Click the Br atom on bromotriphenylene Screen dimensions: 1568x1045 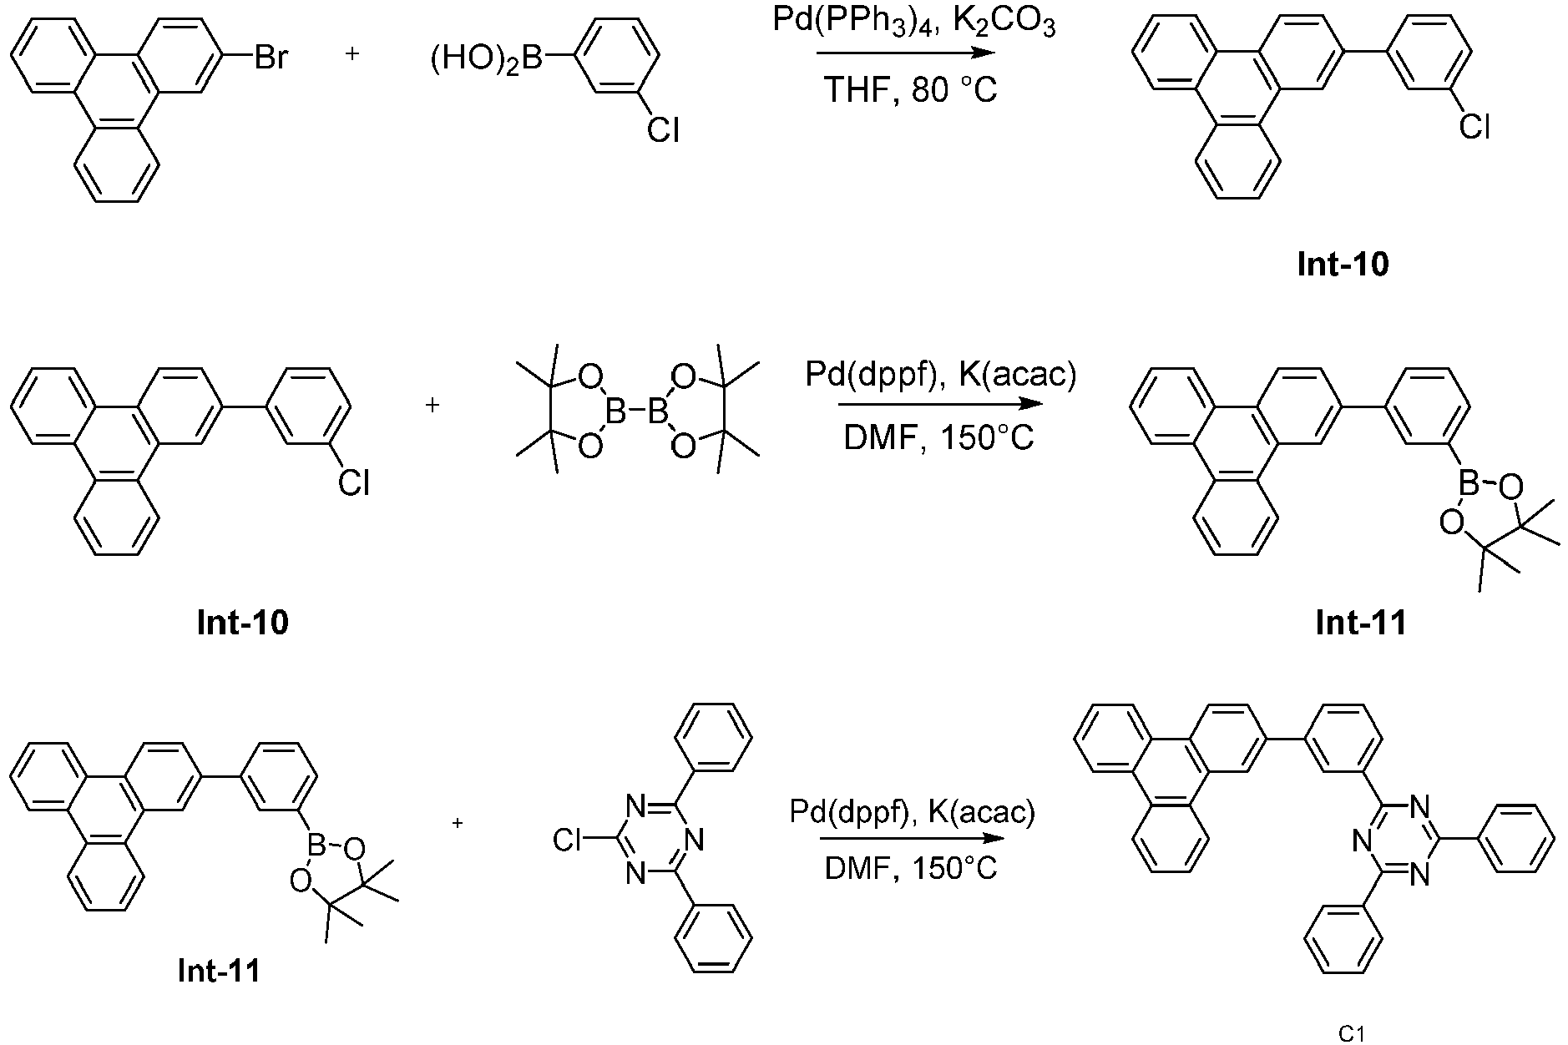[271, 59]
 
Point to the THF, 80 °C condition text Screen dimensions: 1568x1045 [910, 90]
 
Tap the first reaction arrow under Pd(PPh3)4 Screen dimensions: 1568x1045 [906, 53]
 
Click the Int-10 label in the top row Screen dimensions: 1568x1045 [1343, 265]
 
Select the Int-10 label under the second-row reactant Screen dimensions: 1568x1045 [243, 623]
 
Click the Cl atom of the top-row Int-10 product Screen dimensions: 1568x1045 [1474, 128]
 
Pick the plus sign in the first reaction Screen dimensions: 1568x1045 [353, 54]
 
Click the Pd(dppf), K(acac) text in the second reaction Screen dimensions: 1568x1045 [941, 375]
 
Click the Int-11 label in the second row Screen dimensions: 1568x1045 [1361, 623]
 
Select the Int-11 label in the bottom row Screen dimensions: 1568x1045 [219, 971]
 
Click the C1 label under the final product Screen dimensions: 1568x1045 [1351, 1033]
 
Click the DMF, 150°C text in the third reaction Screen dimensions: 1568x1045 [911, 869]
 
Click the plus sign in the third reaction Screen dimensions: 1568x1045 [458, 823]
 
